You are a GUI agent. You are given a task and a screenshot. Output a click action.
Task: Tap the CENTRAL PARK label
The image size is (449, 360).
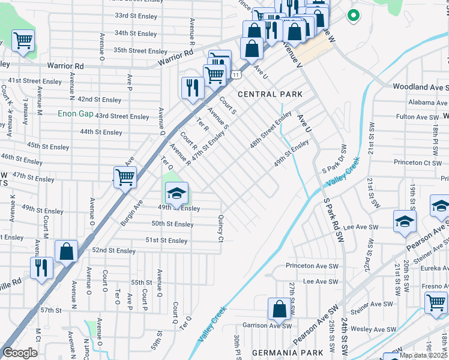[x=266, y=94]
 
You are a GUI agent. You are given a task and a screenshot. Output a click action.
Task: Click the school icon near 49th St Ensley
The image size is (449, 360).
[x=176, y=193]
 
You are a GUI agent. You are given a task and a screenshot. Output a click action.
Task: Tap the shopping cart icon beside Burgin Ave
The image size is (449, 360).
[x=125, y=177]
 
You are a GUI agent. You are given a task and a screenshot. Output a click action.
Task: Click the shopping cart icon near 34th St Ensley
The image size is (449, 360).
[x=23, y=41]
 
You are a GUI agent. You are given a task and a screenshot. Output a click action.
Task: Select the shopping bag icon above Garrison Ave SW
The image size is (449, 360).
[x=279, y=309]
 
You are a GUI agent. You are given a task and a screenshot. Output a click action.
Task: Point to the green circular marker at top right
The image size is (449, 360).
[x=354, y=16]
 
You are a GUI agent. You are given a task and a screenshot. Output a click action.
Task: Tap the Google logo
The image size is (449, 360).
[x=20, y=352]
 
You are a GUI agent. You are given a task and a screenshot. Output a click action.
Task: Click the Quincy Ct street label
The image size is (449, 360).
[x=221, y=229]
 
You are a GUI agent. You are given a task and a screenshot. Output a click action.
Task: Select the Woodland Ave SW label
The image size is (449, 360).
[x=420, y=87]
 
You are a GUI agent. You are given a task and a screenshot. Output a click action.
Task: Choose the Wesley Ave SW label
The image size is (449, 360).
[x=373, y=329]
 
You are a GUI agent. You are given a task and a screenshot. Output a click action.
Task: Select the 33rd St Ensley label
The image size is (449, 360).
[x=136, y=15]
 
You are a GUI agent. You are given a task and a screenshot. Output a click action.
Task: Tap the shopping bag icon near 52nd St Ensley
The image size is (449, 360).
[x=66, y=252]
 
